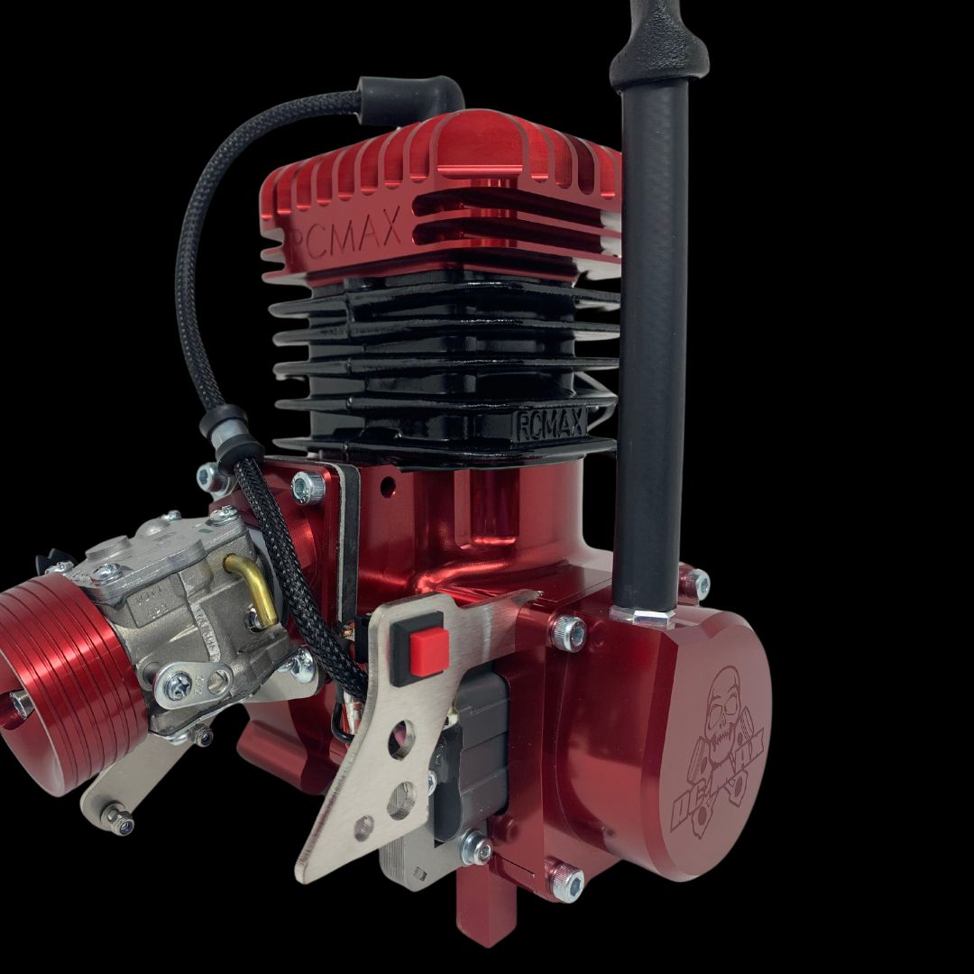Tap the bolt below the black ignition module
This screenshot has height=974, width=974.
476,849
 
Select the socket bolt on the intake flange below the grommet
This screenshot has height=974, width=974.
308,487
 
